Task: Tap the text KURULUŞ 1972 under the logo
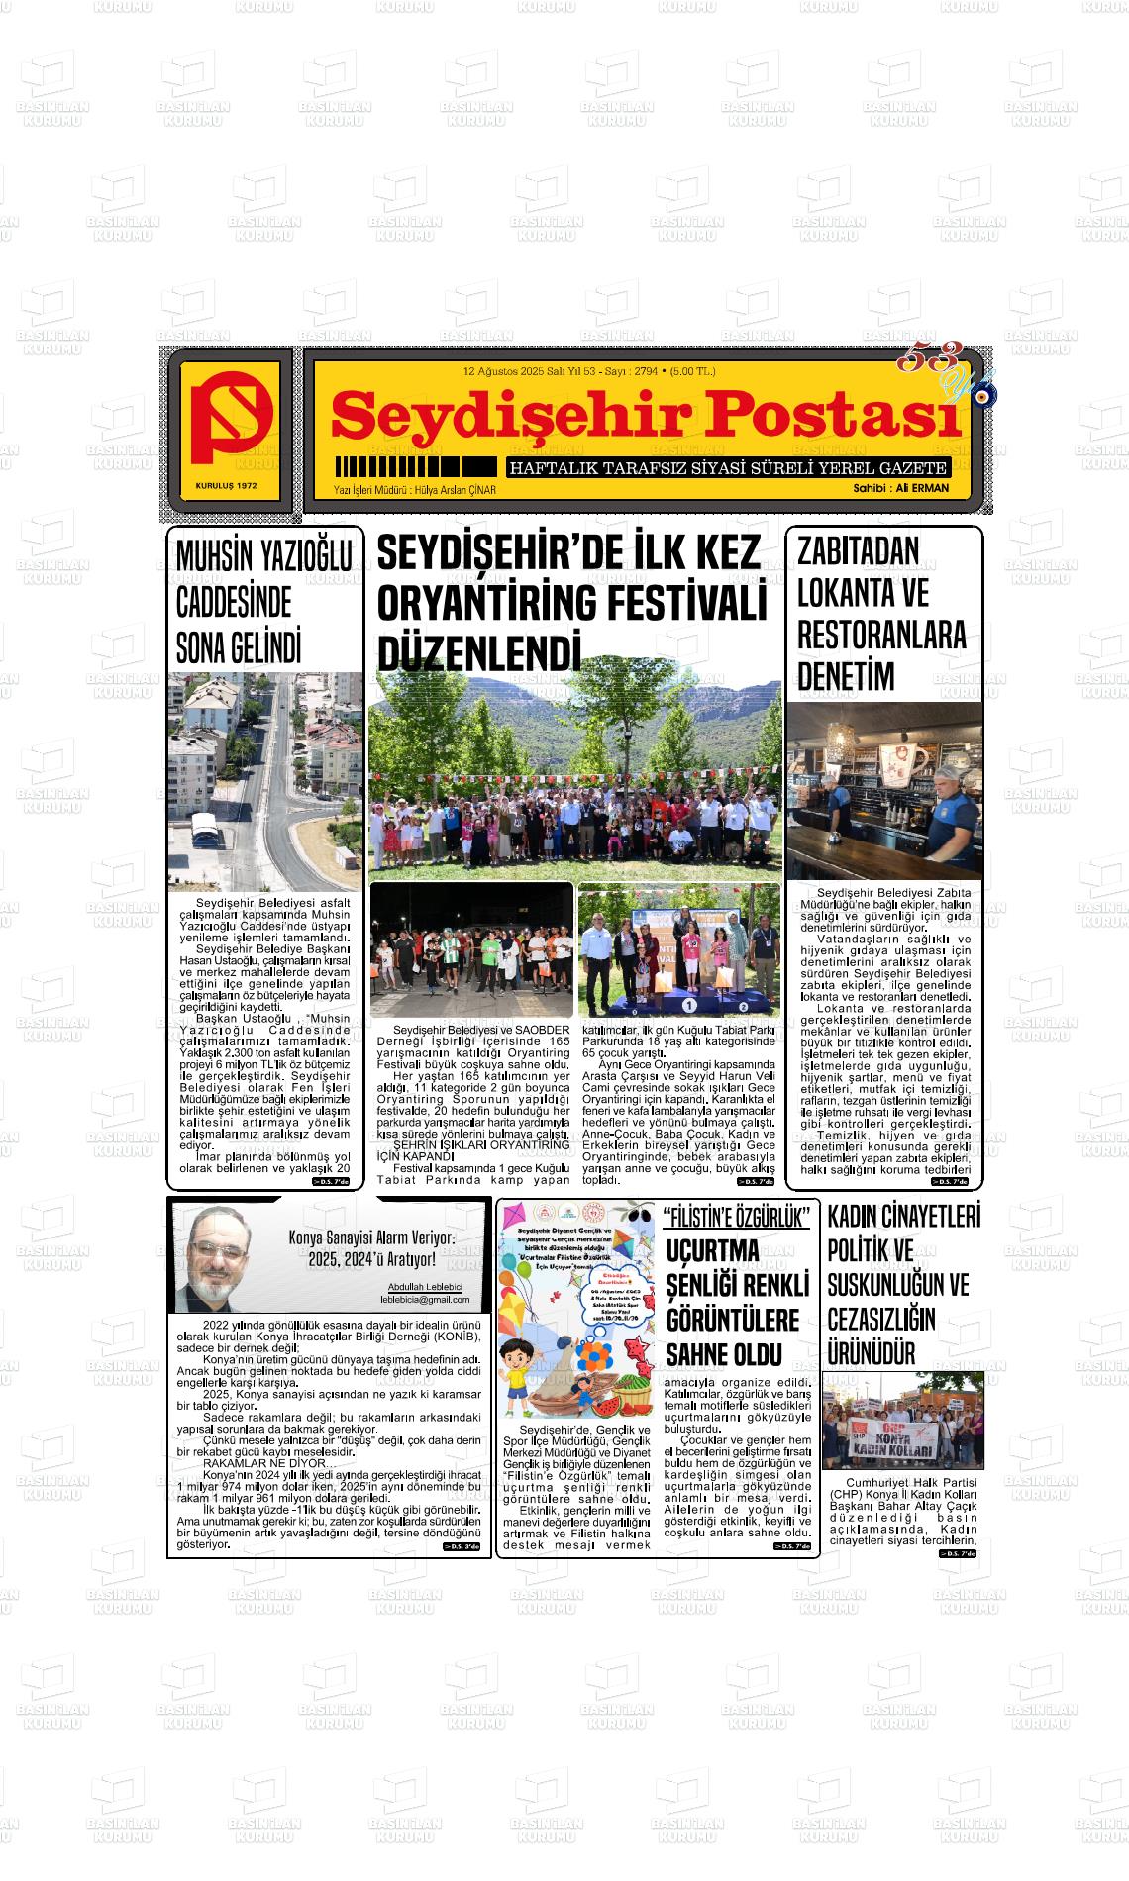[x=226, y=486]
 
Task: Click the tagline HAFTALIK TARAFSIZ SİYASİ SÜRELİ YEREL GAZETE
[x=728, y=468]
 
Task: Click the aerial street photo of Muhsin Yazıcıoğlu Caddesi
[x=265, y=782]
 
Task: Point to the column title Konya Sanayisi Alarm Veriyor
[x=371, y=1238]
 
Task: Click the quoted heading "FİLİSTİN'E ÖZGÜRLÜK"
[x=738, y=1217]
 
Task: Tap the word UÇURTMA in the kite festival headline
[x=713, y=1251]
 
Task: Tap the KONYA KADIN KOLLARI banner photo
[x=903, y=1421]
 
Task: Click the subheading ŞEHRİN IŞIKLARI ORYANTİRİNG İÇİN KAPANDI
[x=480, y=1149]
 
